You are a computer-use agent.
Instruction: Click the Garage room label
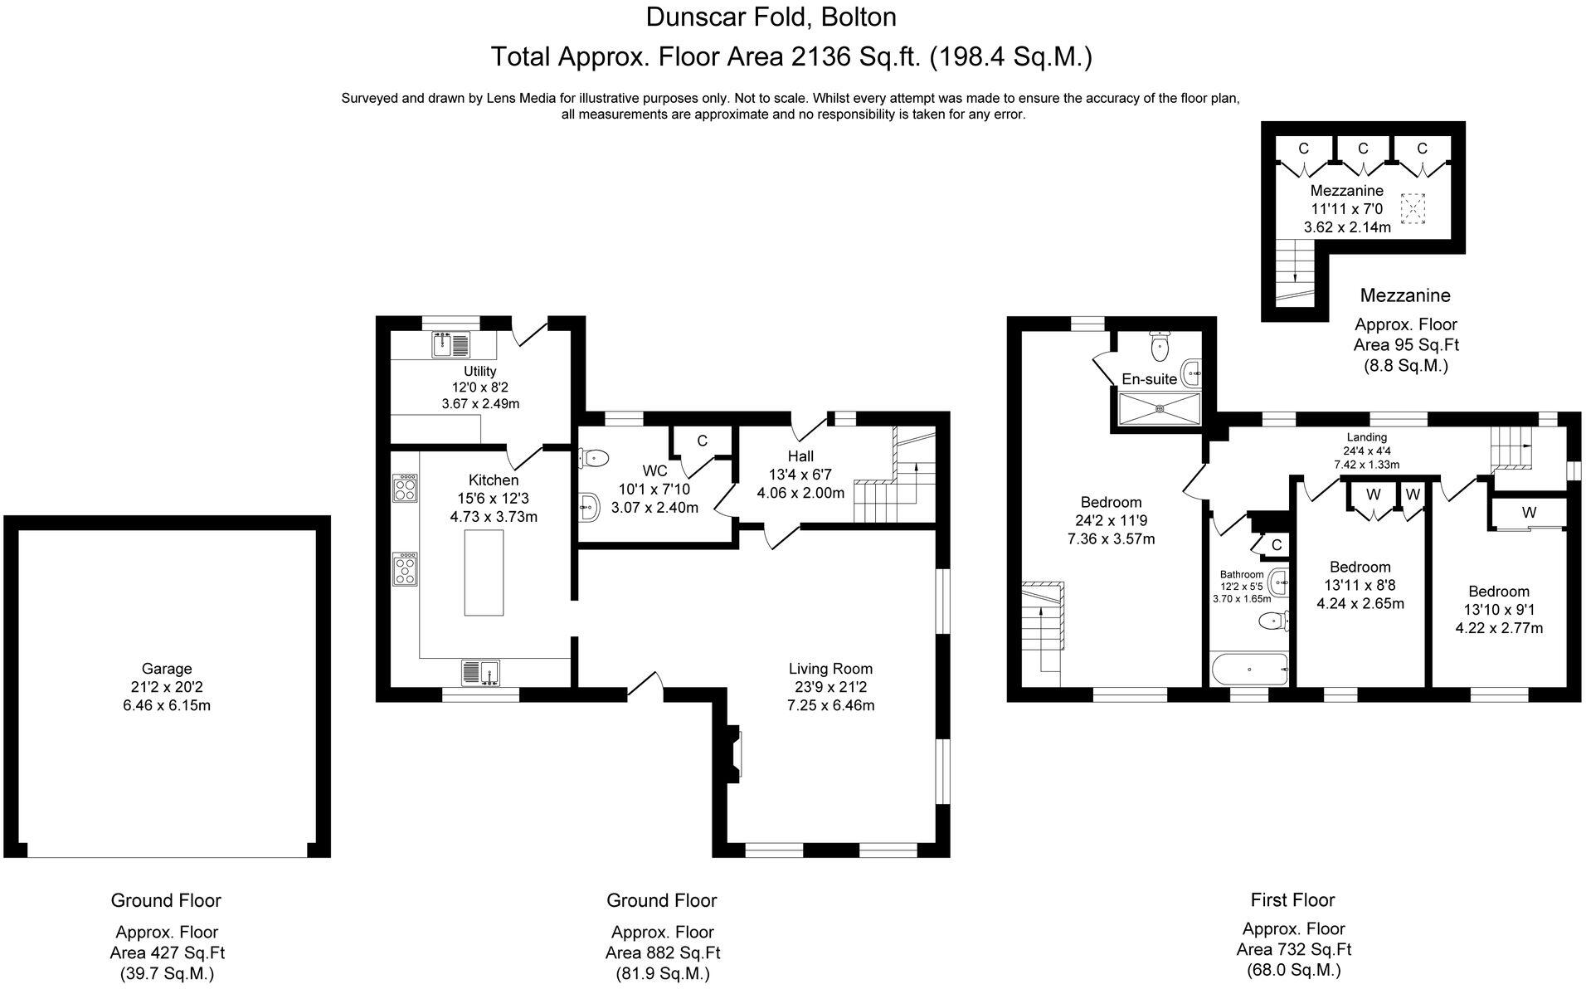166,669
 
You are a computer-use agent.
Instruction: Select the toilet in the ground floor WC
594,457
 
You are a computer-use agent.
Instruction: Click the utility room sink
450,343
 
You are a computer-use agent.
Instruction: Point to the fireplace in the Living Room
733,753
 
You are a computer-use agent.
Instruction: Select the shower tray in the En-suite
1160,408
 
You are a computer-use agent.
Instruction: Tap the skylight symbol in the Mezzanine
1411,208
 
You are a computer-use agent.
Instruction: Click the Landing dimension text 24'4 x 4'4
1366,451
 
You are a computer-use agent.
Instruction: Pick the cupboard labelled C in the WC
702,441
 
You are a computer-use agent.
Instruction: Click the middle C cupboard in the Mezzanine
1363,149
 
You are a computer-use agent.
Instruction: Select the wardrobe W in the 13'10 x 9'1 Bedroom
1529,513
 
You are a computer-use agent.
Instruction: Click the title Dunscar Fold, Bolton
771,17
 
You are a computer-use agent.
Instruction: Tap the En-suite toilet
1160,346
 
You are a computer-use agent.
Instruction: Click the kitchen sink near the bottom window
480,672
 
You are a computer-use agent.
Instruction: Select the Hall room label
800,456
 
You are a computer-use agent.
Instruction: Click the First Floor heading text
1292,899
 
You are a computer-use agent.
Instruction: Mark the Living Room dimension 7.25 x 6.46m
830,706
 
